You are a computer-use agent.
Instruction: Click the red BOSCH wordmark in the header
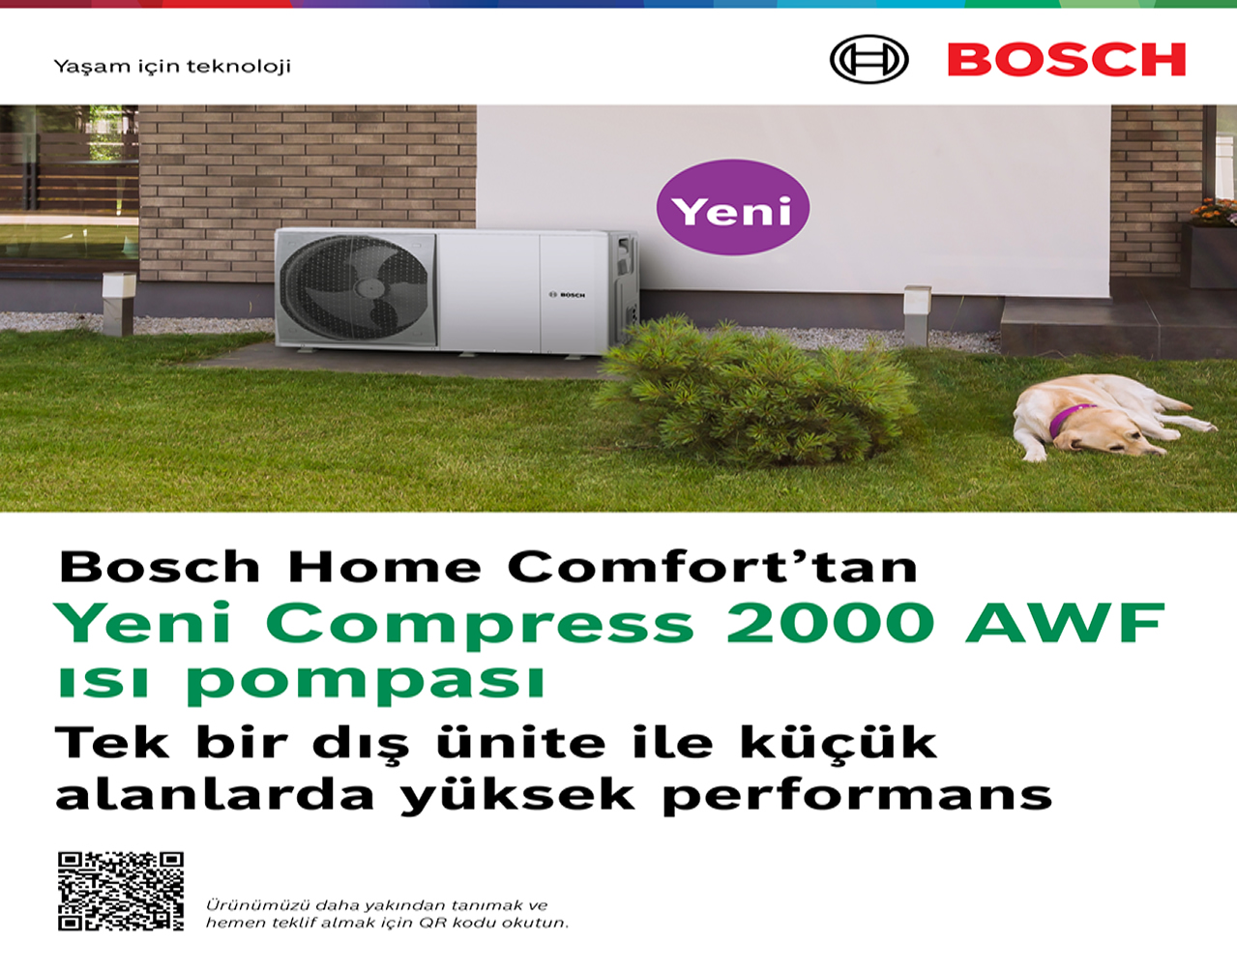(x=1066, y=60)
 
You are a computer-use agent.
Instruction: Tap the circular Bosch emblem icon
(x=869, y=60)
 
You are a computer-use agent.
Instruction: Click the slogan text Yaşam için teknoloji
(x=172, y=67)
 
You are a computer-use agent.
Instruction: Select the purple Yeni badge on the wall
(x=732, y=208)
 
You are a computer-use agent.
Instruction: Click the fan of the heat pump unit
(x=357, y=287)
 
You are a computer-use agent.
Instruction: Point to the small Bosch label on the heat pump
(x=568, y=295)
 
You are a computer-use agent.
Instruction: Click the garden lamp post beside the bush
(x=916, y=311)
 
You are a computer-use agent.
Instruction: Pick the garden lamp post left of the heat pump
(x=118, y=302)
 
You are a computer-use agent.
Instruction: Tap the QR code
(x=121, y=891)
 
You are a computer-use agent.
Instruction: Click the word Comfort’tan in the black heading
(x=712, y=567)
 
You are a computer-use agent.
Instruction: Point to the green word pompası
(x=366, y=681)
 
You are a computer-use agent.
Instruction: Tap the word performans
(x=857, y=796)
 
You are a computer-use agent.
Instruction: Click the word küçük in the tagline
(x=839, y=743)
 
